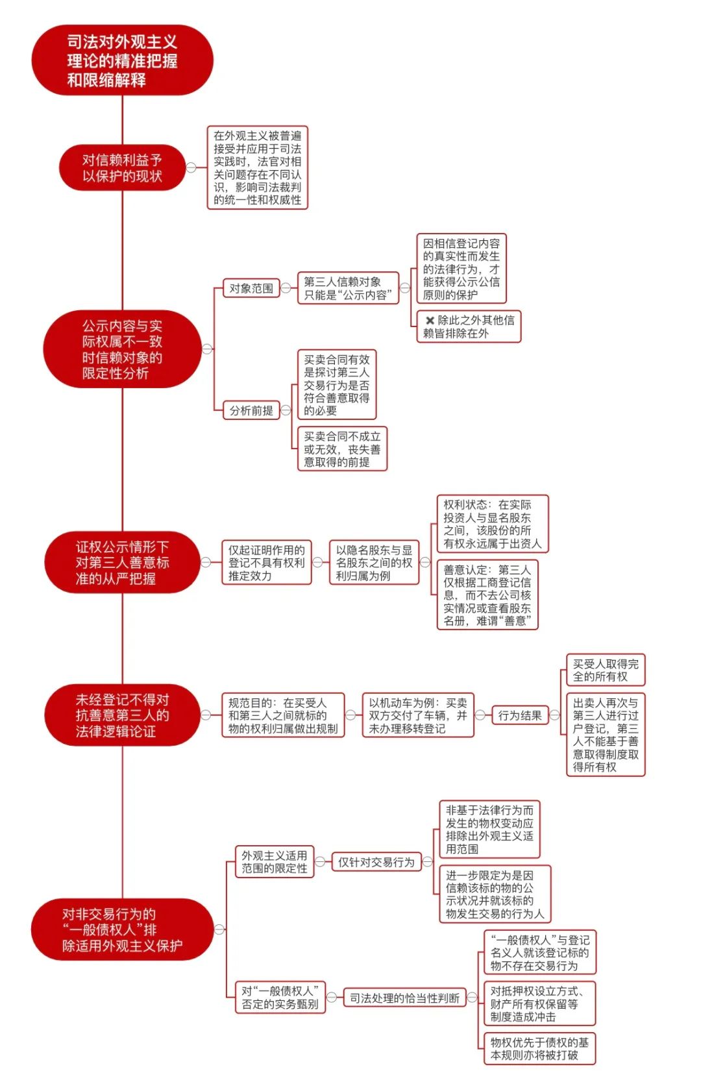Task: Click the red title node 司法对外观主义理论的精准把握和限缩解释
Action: point(122,60)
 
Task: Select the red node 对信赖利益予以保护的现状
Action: point(122,167)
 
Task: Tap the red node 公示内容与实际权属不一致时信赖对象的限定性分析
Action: point(122,349)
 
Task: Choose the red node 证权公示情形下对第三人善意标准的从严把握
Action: point(122,562)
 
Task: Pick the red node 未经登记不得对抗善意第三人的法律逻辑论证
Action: point(122,715)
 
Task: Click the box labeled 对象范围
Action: point(252,288)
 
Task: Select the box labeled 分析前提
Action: point(252,410)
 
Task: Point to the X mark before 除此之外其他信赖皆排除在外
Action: point(430,321)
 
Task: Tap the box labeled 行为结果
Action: point(520,715)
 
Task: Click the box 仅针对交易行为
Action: point(376,861)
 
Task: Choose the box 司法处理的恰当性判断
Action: point(404,998)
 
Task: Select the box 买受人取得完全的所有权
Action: point(606,670)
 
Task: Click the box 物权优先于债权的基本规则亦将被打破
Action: point(540,1048)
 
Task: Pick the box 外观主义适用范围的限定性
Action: point(275,861)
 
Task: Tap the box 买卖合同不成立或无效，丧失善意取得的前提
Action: point(342,449)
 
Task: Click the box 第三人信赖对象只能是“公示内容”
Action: point(348,288)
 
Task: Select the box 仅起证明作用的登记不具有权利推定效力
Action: point(266,562)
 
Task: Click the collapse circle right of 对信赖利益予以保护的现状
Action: point(191,167)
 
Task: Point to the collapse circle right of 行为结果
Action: point(554,715)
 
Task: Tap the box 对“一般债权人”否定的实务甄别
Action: point(280,998)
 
